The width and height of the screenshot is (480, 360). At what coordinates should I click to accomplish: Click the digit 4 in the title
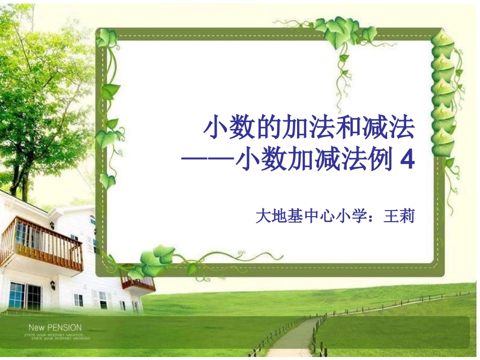pyautogui.click(x=407, y=160)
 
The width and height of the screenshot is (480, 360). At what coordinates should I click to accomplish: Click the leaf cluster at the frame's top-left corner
pyautogui.click(x=107, y=38)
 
